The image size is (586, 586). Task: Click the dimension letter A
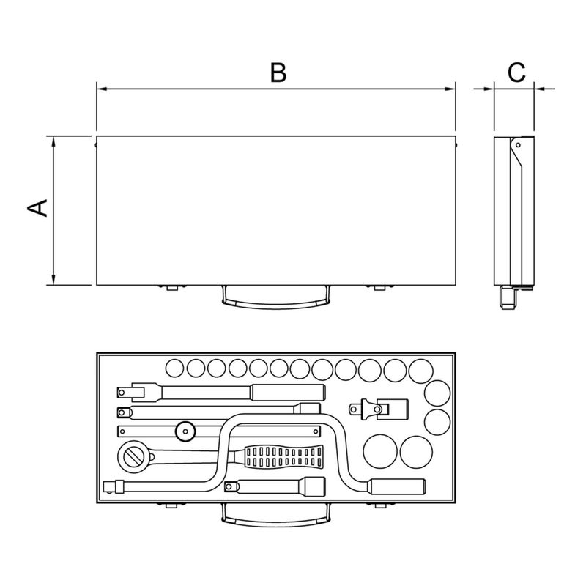(37, 208)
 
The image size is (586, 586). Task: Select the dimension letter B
(278, 73)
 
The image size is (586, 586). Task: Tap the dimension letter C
(516, 73)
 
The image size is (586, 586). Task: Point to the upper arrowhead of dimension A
(53, 141)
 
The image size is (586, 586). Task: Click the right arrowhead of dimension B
(450, 89)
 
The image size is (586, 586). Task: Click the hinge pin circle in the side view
(518, 145)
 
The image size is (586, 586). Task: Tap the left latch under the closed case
(172, 287)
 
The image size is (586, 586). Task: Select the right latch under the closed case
(379, 287)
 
